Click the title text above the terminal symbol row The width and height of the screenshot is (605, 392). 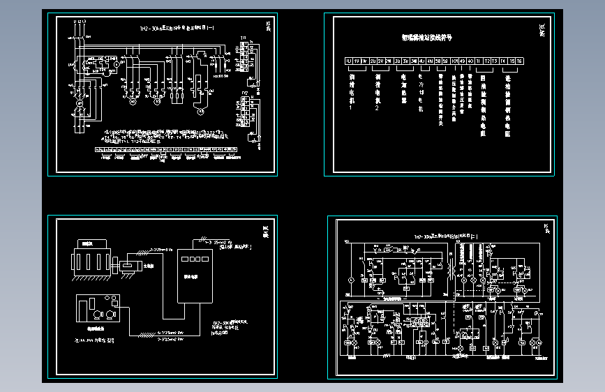tap(426, 38)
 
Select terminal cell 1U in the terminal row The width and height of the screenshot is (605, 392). tap(348, 61)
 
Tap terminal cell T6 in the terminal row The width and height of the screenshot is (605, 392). tap(519, 61)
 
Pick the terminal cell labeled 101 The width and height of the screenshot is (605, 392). tap(454, 61)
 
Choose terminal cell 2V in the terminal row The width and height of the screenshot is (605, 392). tap(381, 61)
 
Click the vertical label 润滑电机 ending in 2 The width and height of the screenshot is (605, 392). tap(378, 90)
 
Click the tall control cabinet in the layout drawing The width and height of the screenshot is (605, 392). tap(195, 276)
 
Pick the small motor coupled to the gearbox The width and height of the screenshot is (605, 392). tap(132, 265)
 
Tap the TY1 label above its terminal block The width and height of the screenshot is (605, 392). tap(244, 36)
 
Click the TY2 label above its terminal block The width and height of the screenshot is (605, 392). tap(244, 93)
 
